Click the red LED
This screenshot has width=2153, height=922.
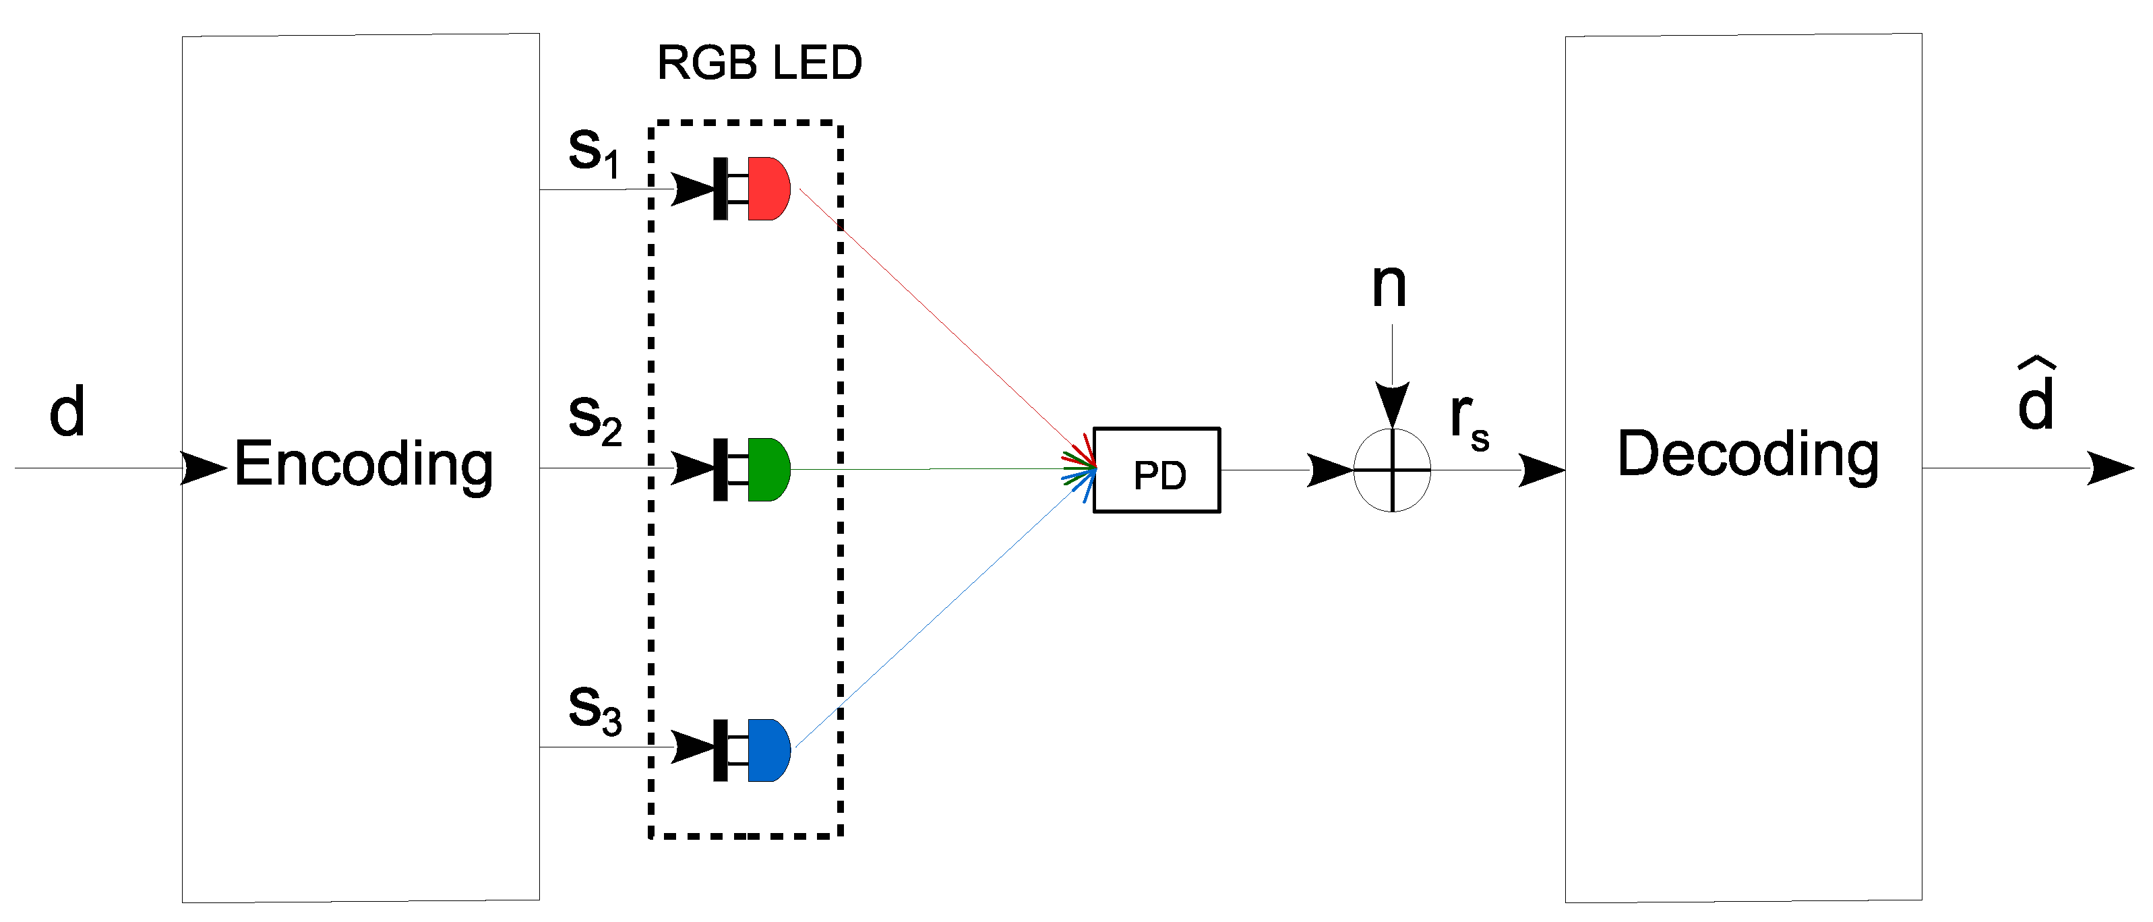pyautogui.click(x=752, y=189)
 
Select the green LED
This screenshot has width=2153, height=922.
pyautogui.click(x=752, y=469)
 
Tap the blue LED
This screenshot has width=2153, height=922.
pyautogui.click(x=752, y=750)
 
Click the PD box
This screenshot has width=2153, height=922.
pyautogui.click(x=1157, y=470)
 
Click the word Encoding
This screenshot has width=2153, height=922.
pyautogui.click(x=363, y=464)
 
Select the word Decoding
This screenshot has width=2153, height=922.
pyautogui.click(x=1748, y=456)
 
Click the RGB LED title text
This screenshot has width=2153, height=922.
pyautogui.click(x=759, y=63)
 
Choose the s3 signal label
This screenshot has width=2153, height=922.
pyautogui.click(x=595, y=710)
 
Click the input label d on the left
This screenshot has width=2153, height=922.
pyautogui.click(x=67, y=411)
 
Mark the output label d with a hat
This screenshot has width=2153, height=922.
pyautogui.click(x=2036, y=394)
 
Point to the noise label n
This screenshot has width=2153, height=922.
pyautogui.click(x=1389, y=286)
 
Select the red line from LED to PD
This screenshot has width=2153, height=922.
pyautogui.click(x=947, y=328)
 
